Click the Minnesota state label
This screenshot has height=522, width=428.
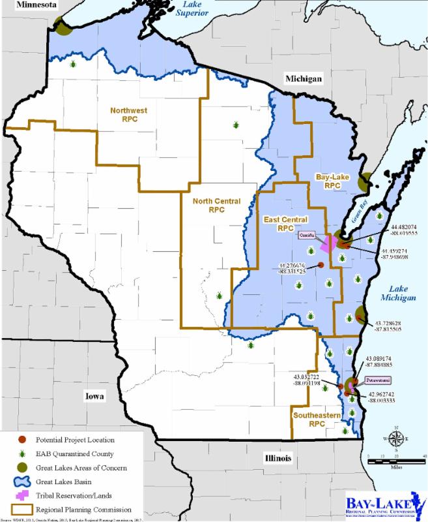pos(28,6)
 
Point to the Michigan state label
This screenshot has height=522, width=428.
pos(303,79)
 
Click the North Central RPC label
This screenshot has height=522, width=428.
pos(216,206)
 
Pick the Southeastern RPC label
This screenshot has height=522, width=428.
pos(307,419)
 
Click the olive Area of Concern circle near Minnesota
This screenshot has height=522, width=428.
pos(63,28)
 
